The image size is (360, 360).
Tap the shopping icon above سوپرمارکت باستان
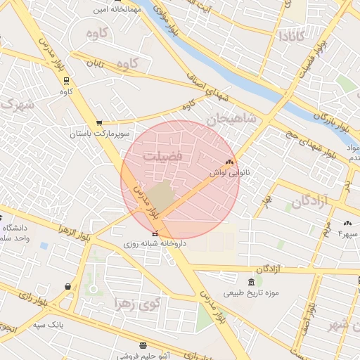[x=98, y=122]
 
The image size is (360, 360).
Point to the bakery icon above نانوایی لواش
[x=229, y=162]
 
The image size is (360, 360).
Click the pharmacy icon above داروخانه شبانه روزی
[x=155, y=233]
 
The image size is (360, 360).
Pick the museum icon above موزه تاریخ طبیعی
[x=252, y=282]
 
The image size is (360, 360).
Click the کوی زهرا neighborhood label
[x=138, y=303]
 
